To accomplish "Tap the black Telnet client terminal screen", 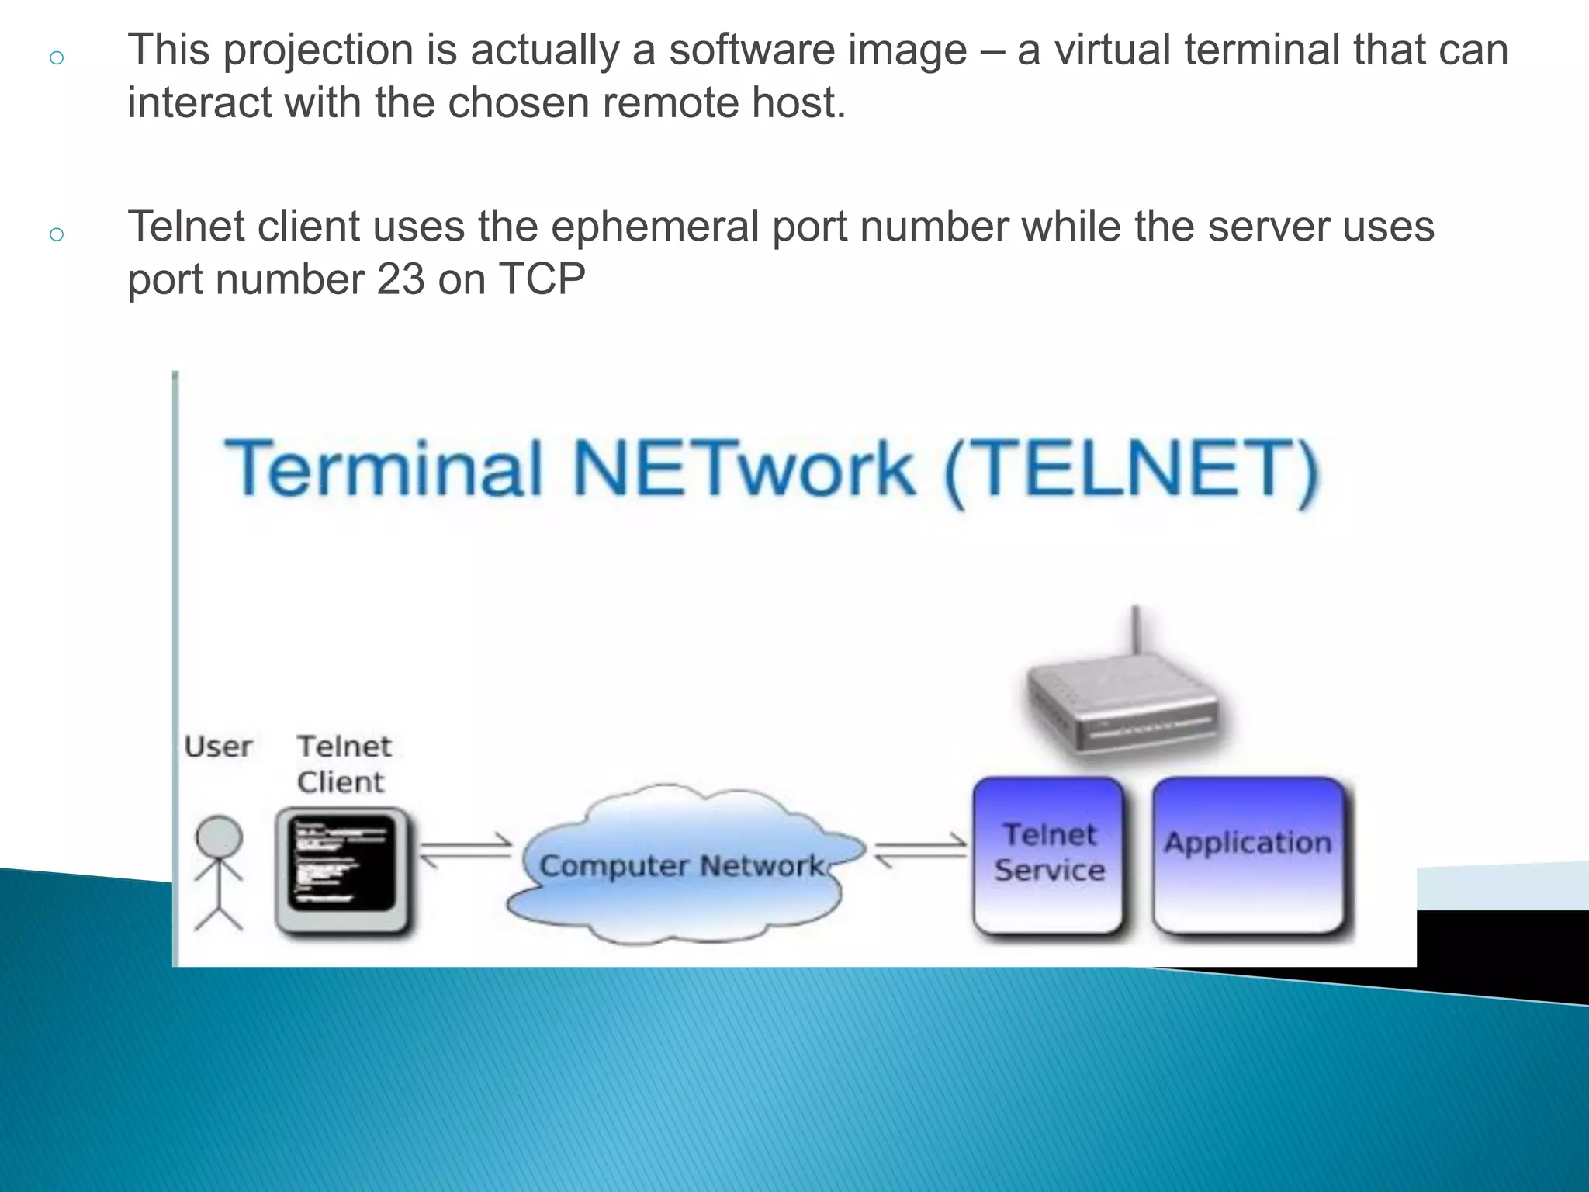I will click(x=341, y=863).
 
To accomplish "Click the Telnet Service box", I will click(x=1049, y=854).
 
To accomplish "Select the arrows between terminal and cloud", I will click(x=466, y=851).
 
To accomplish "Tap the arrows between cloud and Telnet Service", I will click(x=920, y=851).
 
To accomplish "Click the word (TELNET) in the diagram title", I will click(x=1131, y=469).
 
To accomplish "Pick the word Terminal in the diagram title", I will click(x=383, y=469).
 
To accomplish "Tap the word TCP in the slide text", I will click(x=542, y=279).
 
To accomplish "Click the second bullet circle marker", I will click(x=56, y=234).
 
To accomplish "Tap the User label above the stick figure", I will click(x=218, y=747).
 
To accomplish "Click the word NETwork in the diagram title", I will click(x=743, y=469).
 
